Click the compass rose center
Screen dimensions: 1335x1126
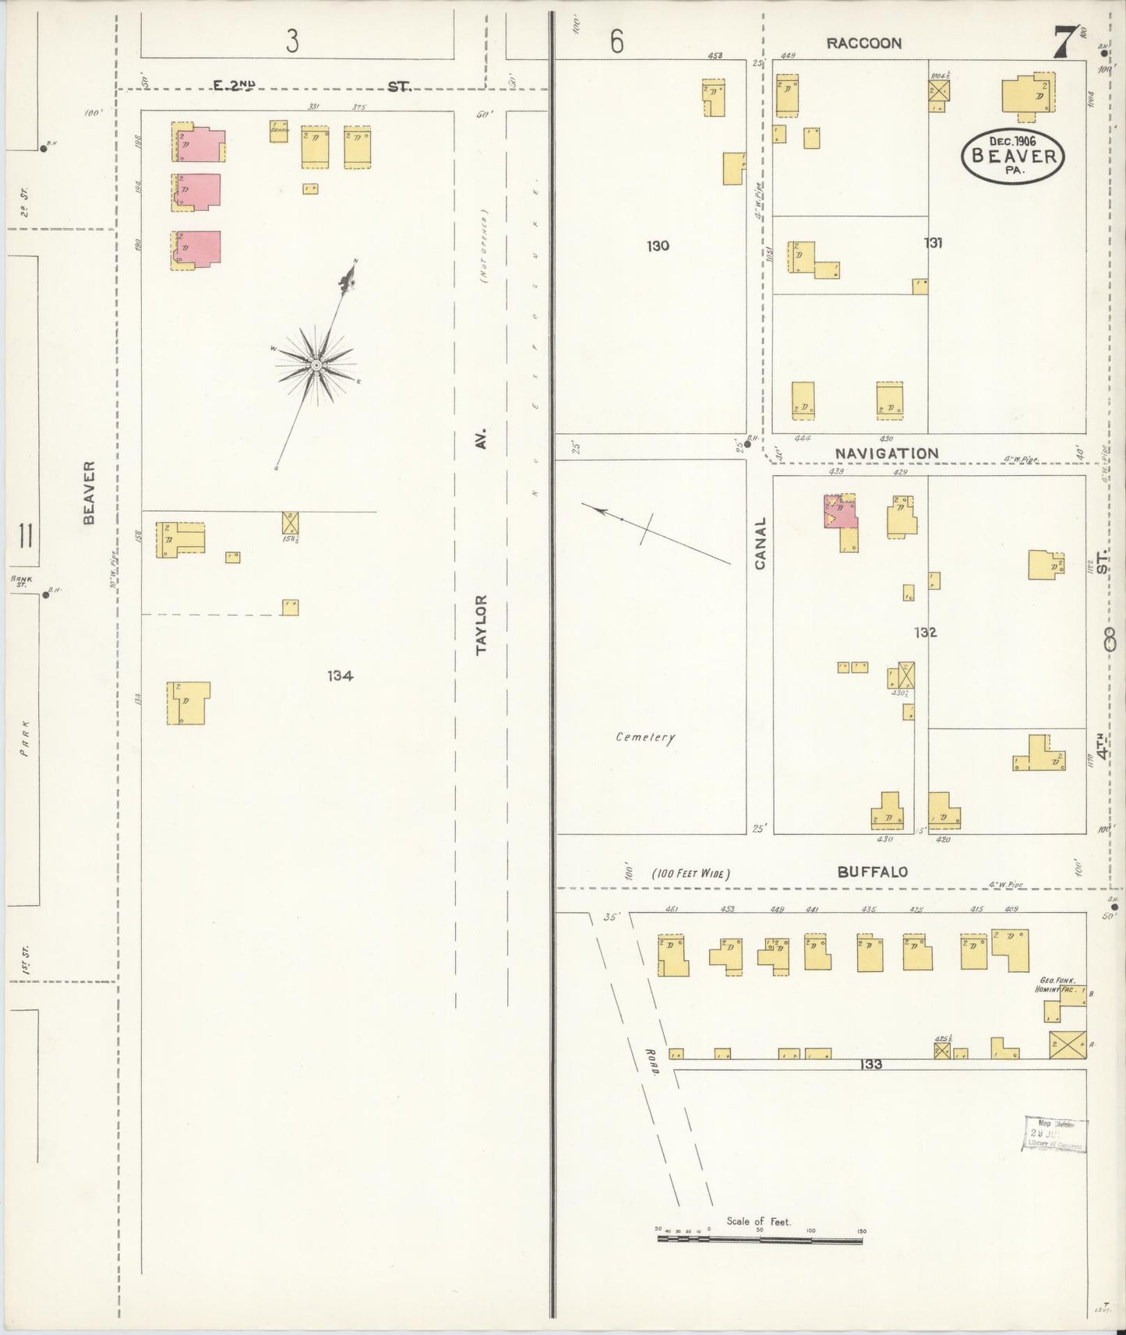[316, 365]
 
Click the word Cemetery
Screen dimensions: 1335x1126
[645, 737]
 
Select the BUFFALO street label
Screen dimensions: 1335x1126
[872, 872]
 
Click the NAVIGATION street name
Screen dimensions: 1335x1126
[887, 453]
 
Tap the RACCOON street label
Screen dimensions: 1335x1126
[863, 44]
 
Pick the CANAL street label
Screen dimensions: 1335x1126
[760, 543]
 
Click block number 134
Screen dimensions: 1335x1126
[340, 675]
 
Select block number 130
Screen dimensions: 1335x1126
[658, 246]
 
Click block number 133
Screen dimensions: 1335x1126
[871, 1064]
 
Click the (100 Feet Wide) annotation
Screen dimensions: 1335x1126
[690, 874]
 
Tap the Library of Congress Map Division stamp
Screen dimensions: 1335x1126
[1054, 1134]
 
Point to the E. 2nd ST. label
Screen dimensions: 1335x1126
[312, 86]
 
